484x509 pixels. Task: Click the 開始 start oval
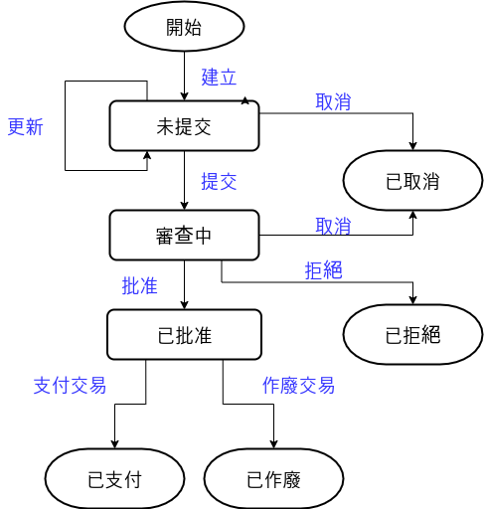tap(184, 26)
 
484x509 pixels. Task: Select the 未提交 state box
tap(184, 126)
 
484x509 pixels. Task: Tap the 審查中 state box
tap(184, 235)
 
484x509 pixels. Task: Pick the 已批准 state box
tap(184, 335)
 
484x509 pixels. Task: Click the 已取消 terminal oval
tap(412, 181)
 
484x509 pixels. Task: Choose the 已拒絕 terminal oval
tap(412, 335)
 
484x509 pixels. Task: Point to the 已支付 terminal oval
tap(114, 479)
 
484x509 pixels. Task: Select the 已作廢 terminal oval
tap(273, 479)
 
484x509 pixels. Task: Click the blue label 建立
tap(219, 78)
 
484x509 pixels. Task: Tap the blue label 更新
tap(26, 126)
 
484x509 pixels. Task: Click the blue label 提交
tap(219, 181)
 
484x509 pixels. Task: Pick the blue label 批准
tap(139, 285)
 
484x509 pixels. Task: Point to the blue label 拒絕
tap(323, 270)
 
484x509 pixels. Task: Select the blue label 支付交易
tap(70, 386)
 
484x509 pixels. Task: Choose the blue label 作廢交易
tap(298, 386)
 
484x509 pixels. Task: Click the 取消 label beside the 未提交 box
tap(333, 101)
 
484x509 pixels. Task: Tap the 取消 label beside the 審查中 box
tap(333, 226)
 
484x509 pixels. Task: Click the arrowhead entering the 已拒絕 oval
tap(412, 300)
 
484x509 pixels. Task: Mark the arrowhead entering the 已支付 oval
tap(114, 444)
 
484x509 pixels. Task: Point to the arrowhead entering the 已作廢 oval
tap(273, 444)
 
